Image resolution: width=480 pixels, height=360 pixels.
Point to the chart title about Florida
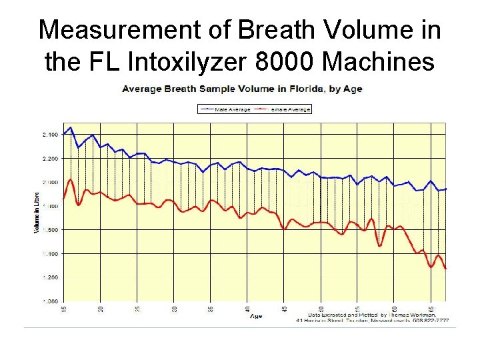point(241,89)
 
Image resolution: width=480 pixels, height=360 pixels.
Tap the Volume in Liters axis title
point(37,211)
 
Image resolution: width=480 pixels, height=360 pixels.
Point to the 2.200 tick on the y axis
point(49,159)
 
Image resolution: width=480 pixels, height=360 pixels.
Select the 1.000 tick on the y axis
point(49,301)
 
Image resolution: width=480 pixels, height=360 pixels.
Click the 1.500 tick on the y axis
point(49,230)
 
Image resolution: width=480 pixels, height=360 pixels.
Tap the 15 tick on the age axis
point(64,309)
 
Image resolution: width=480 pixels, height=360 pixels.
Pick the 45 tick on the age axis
point(284,309)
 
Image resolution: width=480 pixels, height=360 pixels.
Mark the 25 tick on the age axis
point(137,309)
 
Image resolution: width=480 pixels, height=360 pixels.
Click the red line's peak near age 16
point(71,179)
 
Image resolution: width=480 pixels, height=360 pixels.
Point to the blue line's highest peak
point(71,127)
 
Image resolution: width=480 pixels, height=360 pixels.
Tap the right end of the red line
point(445,268)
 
